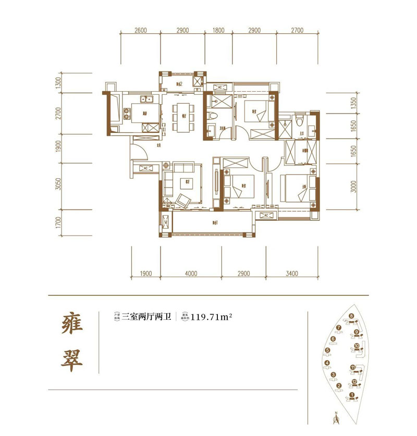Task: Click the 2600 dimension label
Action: [140, 31]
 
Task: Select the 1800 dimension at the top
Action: [218, 31]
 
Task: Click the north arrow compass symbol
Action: [337, 418]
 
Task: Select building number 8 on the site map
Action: [352, 316]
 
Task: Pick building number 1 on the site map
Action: [352, 395]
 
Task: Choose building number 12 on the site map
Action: [354, 382]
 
